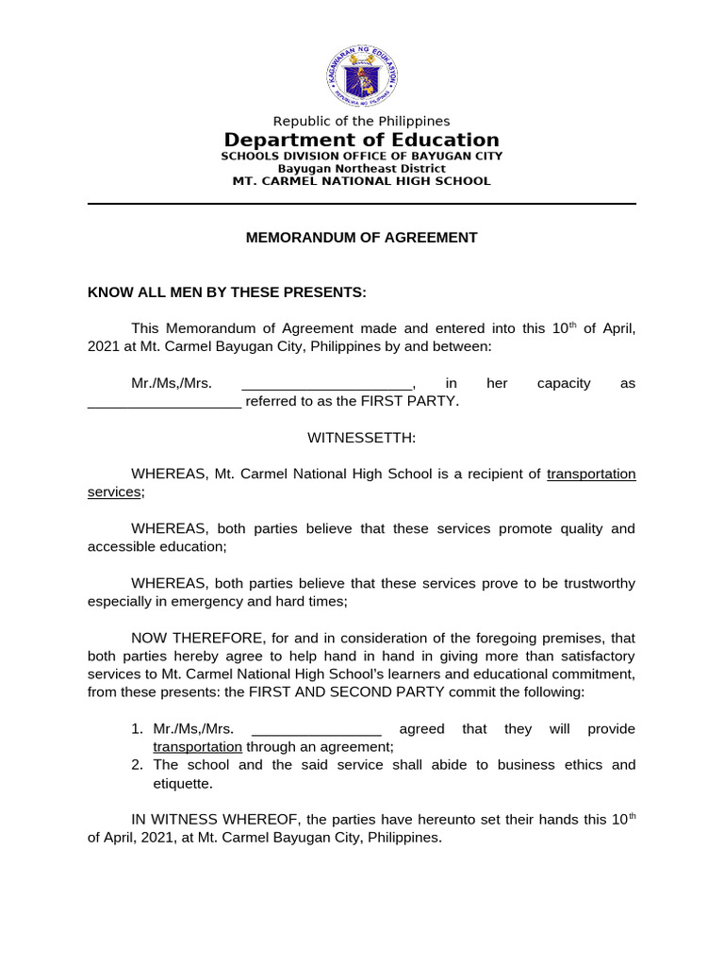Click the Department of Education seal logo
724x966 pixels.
coord(362,73)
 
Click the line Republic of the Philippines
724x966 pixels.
coord(361,121)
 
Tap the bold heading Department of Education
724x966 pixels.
coord(361,141)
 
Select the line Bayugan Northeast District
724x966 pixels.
coord(361,168)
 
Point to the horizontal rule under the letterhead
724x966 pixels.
coord(361,203)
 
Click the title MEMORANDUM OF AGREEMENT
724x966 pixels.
coord(361,238)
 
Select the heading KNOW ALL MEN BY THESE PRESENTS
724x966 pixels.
coord(226,292)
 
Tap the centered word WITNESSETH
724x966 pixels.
coord(361,438)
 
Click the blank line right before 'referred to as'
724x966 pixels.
coord(164,402)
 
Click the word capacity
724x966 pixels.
coord(564,384)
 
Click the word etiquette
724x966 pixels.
coord(183,783)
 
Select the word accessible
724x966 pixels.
coord(125,546)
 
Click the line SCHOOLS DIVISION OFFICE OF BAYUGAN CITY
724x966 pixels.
coord(361,156)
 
